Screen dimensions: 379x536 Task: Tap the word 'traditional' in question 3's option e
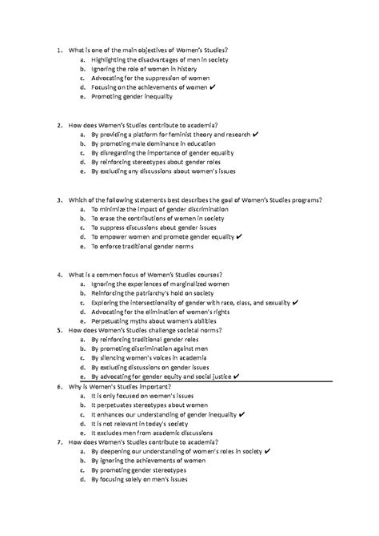tap(153, 248)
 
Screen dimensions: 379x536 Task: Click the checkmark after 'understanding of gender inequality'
tap(241, 415)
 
